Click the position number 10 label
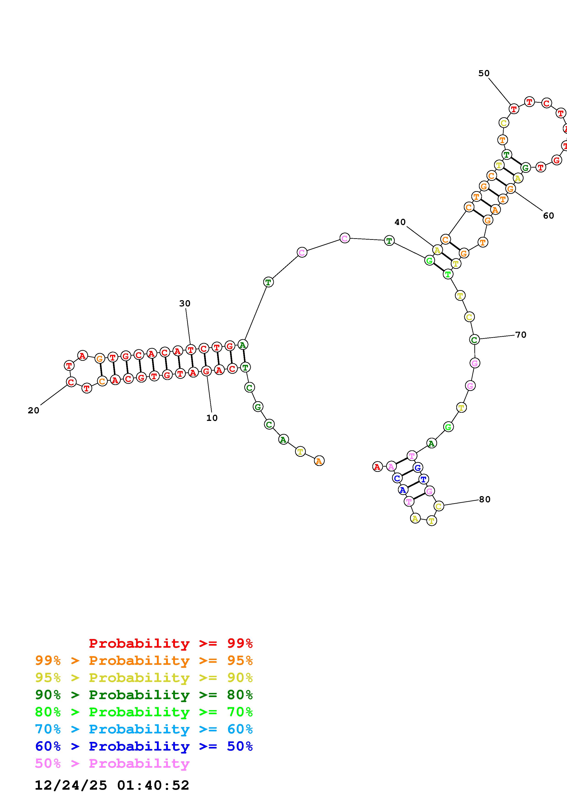click(x=212, y=418)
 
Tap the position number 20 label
click(x=34, y=410)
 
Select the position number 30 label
click(x=185, y=304)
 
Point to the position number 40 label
click(x=400, y=222)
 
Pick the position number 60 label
click(x=548, y=216)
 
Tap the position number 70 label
click(x=521, y=335)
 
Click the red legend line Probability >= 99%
click(x=171, y=643)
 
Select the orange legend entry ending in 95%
click(x=144, y=660)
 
